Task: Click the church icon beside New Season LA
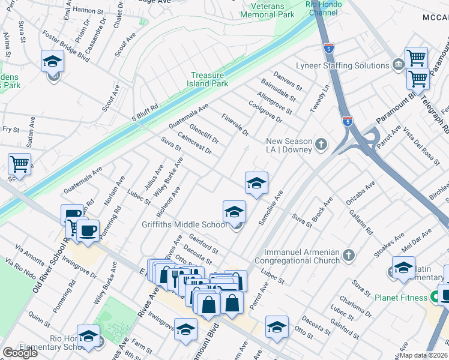pyautogui.click(x=322, y=144)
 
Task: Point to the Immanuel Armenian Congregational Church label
pyautogui.click(x=297, y=257)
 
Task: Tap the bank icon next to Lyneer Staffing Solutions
pyautogui.click(x=398, y=65)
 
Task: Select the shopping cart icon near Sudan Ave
pyautogui.click(x=19, y=164)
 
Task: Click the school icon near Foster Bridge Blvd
pyautogui.click(x=53, y=62)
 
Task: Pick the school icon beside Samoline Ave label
pyautogui.click(x=256, y=184)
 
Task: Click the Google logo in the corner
pyautogui.click(x=20, y=352)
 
